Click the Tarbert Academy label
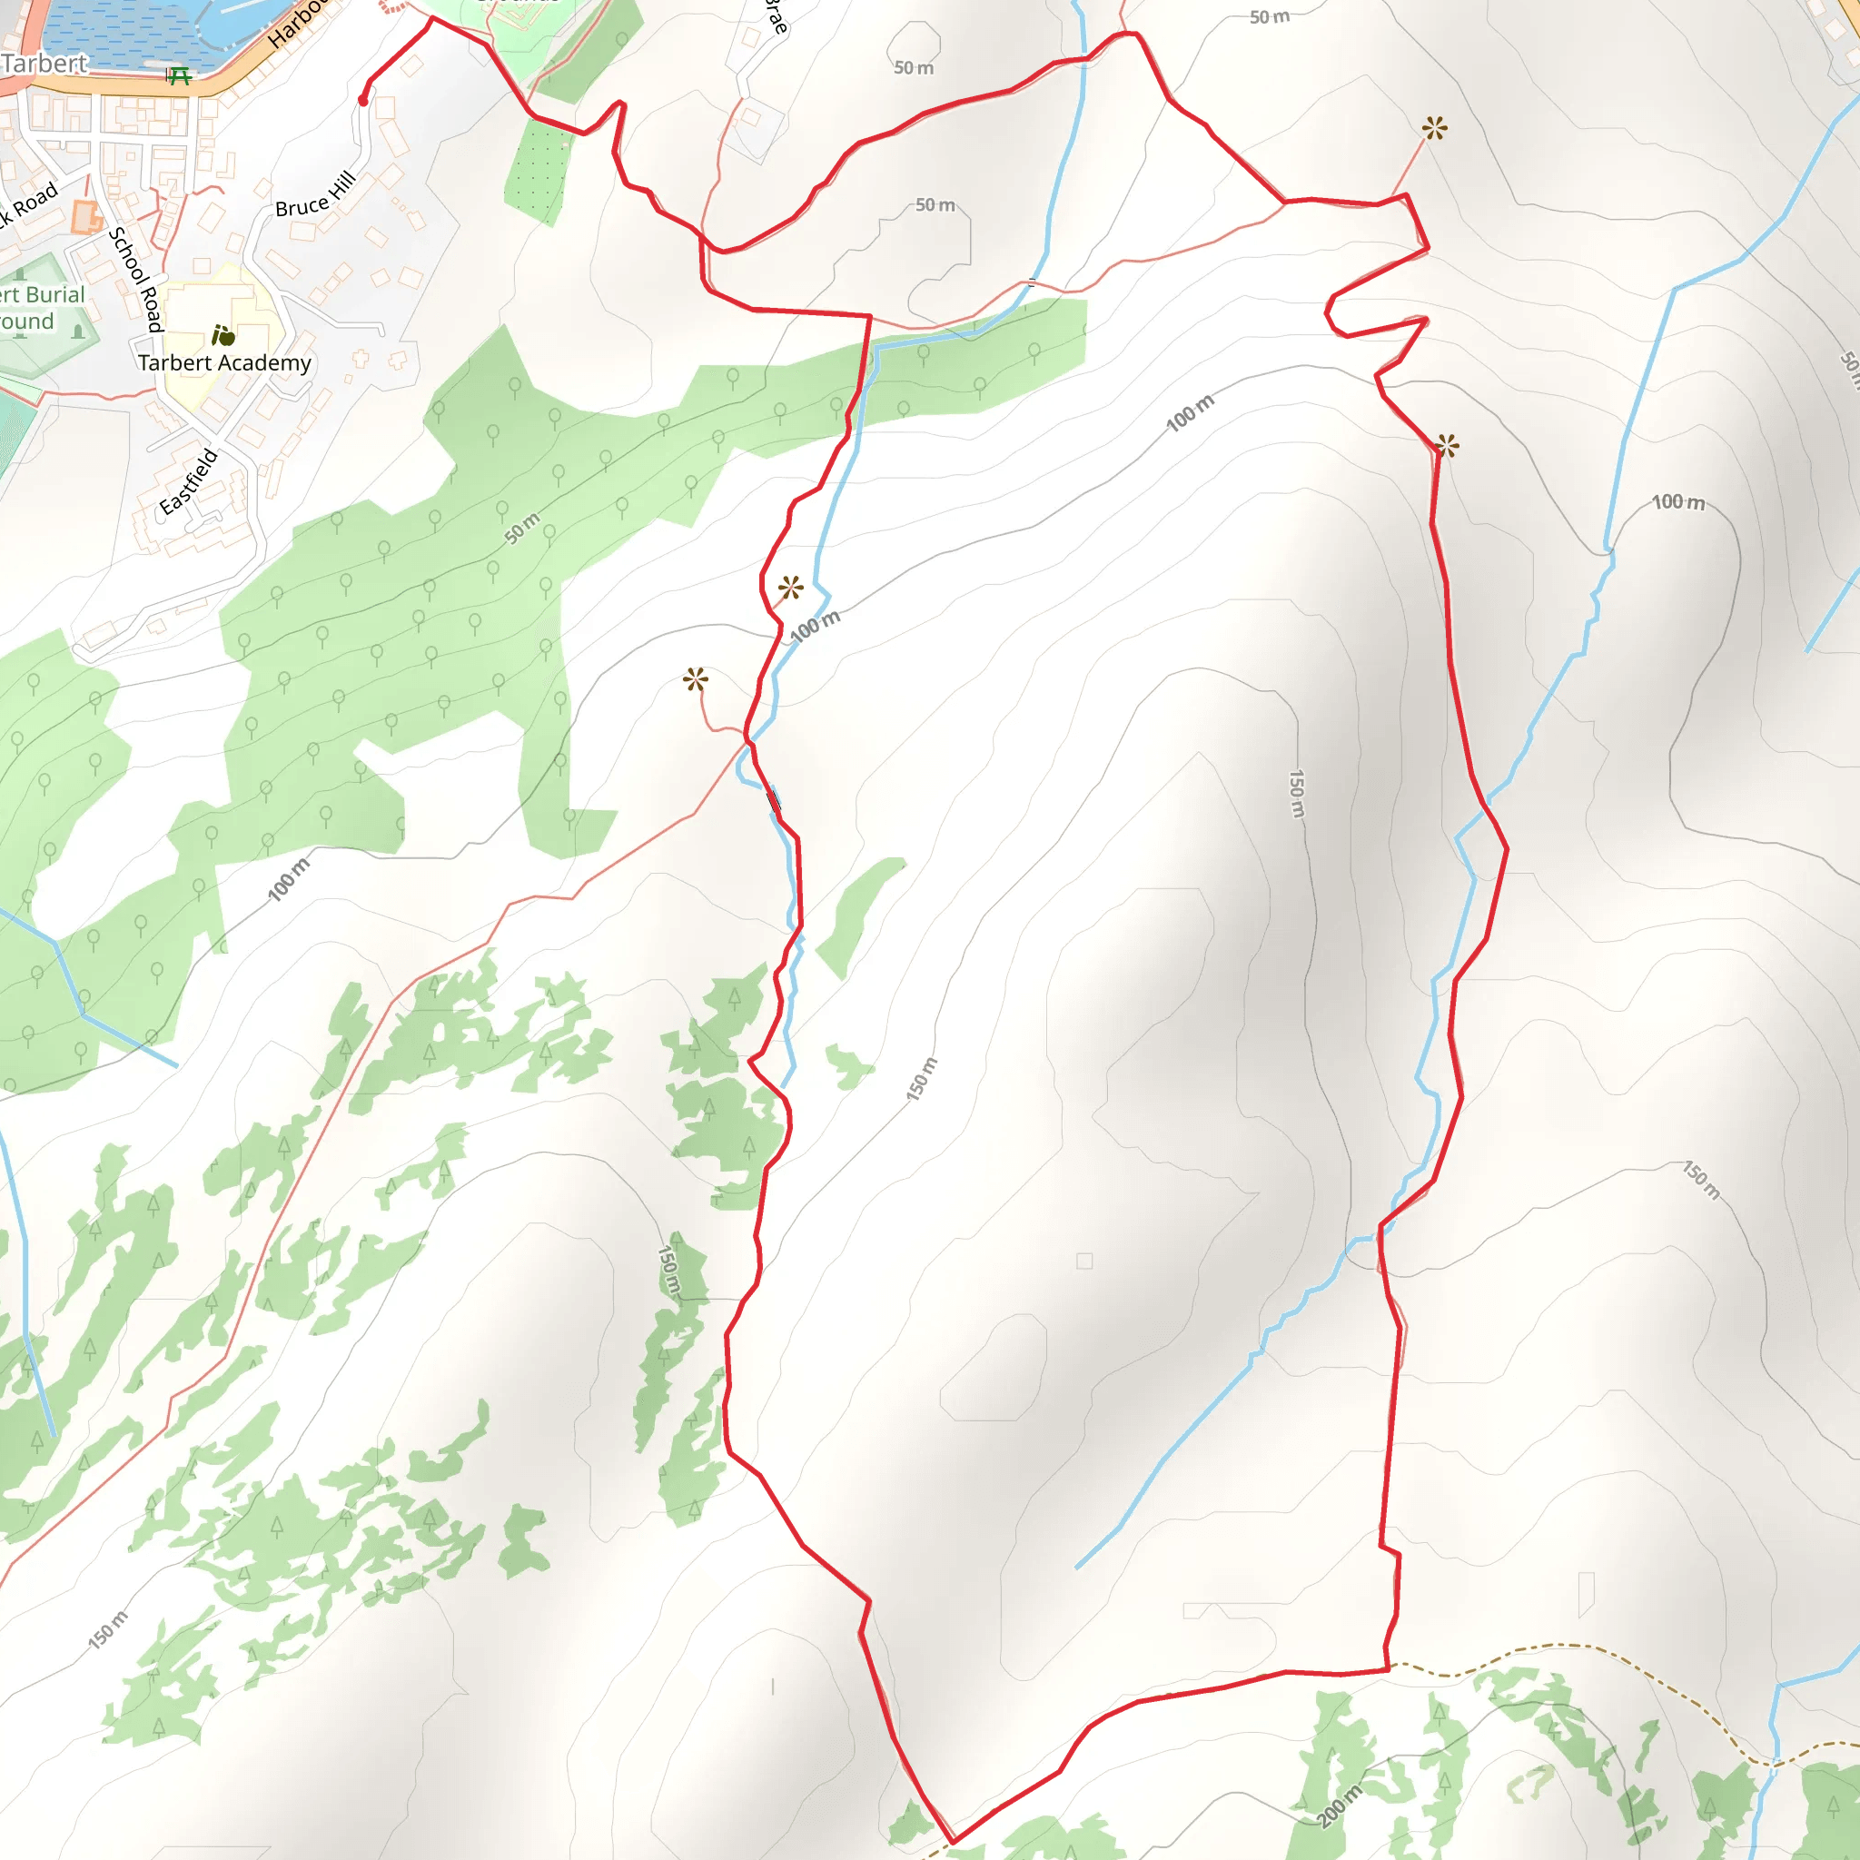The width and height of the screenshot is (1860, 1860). (x=224, y=363)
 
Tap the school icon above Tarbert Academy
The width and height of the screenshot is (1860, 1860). (x=223, y=335)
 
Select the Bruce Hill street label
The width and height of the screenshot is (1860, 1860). (x=316, y=194)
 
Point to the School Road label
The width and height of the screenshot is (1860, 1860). (x=134, y=279)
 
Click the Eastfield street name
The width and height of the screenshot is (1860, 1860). (x=189, y=481)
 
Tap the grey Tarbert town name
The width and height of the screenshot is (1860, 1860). (x=45, y=64)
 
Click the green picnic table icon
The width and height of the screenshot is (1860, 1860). (x=178, y=76)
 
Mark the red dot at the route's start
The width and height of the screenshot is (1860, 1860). (x=363, y=100)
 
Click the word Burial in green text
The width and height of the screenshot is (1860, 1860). (x=55, y=294)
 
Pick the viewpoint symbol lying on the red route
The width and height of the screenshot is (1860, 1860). (x=1447, y=446)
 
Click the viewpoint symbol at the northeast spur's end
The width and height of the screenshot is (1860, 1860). (x=1434, y=128)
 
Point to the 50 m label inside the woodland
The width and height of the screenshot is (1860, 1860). (x=523, y=529)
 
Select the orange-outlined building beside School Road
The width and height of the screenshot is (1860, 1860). (x=85, y=217)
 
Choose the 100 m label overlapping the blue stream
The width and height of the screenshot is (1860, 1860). (x=815, y=626)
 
